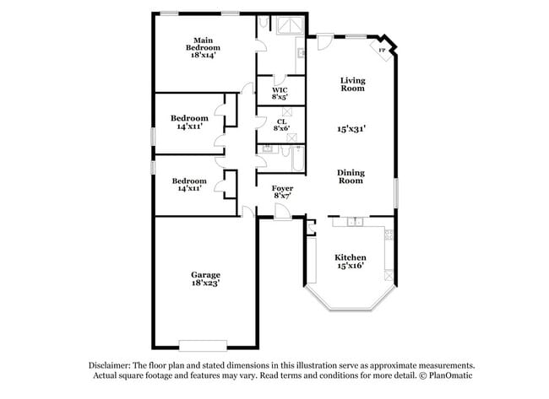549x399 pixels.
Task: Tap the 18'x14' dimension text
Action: tap(202, 55)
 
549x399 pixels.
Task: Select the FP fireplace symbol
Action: tap(383, 51)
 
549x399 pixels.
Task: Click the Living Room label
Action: tap(352, 84)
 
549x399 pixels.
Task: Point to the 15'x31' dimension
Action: tap(351, 129)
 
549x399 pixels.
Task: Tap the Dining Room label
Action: tap(351, 176)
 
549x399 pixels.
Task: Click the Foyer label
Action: tap(282, 188)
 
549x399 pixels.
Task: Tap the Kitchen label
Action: tap(350, 256)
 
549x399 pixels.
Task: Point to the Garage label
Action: tap(205, 274)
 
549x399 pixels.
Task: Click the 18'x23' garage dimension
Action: tap(205, 284)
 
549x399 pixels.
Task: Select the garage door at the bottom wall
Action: tap(203, 344)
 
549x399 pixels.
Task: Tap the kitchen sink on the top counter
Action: tap(353, 222)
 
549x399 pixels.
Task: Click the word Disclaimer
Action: tap(110, 365)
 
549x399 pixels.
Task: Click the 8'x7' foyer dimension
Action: tap(282, 197)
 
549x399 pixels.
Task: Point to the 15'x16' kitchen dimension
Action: tap(350, 267)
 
